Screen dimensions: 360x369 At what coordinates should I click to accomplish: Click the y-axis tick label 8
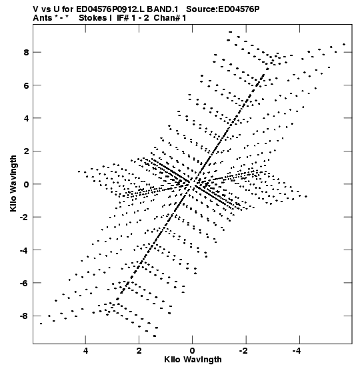click(x=26, y=52)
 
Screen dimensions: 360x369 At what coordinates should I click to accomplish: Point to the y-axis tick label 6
click(x=26, y=85)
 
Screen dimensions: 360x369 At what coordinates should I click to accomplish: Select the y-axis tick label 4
click(x=26, y=118)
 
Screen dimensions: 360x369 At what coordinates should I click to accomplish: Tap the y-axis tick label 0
click(x=26, y=184)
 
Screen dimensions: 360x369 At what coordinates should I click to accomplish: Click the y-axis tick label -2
click(x=24, y=217)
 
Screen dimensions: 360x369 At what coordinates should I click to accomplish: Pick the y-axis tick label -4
click(x=24, y=250)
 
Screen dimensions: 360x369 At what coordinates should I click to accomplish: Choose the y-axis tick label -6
click(x=24, y=283)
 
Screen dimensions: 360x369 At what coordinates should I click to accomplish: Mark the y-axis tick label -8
click(x=24, y=316)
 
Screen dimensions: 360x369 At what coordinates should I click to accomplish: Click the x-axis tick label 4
click(x=85, y=351)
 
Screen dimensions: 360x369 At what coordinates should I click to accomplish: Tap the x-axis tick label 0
click(x=193, y=351)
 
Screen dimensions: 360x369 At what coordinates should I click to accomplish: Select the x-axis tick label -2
click(x=244, y=351)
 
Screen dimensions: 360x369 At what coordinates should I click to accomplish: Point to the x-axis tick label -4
click(x=297, y=351)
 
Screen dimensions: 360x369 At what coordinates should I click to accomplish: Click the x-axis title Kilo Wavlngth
click(x=193, y=360)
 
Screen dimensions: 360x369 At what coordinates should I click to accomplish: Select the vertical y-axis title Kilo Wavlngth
click(x=13, y=183)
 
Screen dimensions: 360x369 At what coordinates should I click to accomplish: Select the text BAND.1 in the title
click(x=163, y=9)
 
